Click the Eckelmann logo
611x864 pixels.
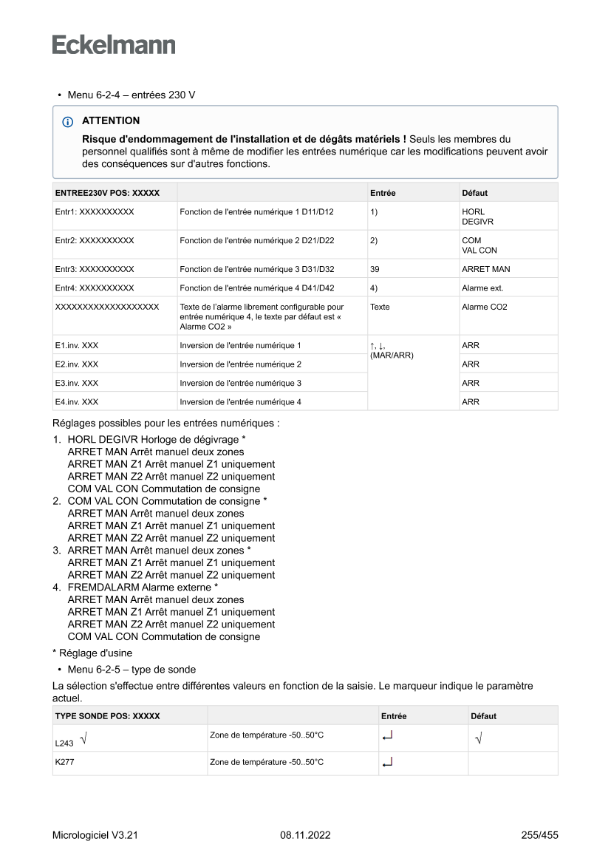(114, 45)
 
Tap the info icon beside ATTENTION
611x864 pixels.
(68, 121)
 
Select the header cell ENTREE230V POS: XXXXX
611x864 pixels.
(107, 193)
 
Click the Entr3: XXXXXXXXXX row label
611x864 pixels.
(95, 269)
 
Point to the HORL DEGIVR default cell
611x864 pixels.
(478, 217)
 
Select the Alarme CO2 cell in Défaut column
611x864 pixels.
(485, 307)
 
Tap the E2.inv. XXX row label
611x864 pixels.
(77, 364)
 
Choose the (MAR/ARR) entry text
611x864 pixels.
(392, 356)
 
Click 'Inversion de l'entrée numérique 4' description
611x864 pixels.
(241, 402)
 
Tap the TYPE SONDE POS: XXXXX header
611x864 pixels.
(107, 716)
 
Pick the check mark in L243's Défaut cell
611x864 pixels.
(479, 738)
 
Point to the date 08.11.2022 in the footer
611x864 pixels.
(305, 836)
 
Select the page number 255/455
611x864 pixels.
(539, 836)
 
